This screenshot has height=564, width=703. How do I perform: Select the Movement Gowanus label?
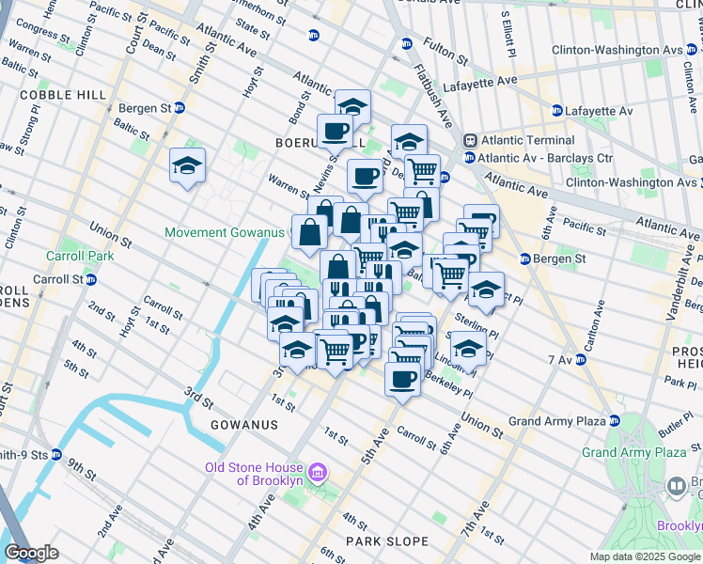(x=224, y=232)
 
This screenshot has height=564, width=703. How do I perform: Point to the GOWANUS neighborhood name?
(x=243, y=425)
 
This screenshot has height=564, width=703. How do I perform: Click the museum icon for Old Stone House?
(x=318, y=470)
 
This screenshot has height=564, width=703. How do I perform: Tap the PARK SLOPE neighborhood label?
(x=386, y=541)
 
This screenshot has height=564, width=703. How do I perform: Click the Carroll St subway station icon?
(x=91, y=279)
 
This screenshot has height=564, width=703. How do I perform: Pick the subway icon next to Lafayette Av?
(x=556, y=111)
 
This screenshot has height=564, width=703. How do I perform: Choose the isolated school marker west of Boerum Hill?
(x=187, y=166)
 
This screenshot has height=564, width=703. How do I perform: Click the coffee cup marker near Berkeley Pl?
(x=402, y=379)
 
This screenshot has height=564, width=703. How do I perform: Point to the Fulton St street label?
(x=445, y=51)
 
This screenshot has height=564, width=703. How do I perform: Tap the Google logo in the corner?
(x=31, y=552)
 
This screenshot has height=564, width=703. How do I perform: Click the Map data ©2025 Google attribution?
(x=645, y=556)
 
